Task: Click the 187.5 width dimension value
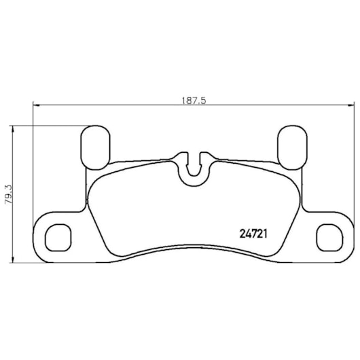[194, 101]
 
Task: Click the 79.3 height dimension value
[10, 194]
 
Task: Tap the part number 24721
[253, 234]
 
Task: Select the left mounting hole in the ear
[58, 238]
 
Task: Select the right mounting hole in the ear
[329, 238]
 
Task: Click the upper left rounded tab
[95, 147]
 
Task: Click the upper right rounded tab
[292, 147]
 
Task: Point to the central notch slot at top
[194, 166]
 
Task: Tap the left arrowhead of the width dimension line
[37, 105]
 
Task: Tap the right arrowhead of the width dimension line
[351, 105]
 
